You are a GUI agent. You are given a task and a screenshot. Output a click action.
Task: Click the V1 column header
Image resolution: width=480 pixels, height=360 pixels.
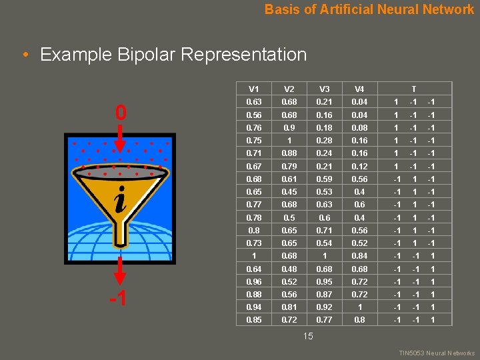pos(254,89)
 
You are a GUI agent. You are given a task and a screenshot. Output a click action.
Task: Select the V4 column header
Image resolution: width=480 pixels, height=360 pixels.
pos(359,89)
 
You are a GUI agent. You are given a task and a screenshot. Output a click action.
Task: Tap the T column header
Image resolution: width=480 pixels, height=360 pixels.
pos(413,89)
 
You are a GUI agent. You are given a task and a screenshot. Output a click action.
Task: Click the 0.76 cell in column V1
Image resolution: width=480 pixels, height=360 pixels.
pos(254,127)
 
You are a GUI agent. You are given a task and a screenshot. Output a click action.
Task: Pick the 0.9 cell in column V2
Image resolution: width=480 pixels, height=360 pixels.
pos(289,127)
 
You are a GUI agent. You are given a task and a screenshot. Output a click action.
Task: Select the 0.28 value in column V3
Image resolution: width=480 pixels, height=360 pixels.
pos(325,141)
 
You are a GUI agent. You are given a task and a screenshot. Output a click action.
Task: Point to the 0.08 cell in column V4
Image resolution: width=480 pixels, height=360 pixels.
pos(359,127)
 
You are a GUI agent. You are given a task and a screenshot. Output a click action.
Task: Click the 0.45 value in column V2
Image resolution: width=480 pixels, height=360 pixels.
pos(289,192)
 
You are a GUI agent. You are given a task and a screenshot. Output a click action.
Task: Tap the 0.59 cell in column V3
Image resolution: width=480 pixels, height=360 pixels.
pos(325,179)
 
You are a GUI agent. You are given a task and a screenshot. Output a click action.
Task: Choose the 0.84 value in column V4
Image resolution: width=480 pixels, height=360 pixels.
pos(359,256)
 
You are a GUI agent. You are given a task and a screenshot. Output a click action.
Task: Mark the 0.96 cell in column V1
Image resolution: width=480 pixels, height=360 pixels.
pos(254,282)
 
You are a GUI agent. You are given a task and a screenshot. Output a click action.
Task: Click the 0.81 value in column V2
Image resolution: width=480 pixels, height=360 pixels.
pos(289,307)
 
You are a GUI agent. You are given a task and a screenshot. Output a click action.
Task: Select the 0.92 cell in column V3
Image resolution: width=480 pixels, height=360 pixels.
pos(325,307)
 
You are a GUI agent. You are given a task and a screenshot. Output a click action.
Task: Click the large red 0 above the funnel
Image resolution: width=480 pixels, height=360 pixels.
pos(120,113)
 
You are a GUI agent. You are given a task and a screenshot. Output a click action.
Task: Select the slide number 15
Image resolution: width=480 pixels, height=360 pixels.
pos(308,336)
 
